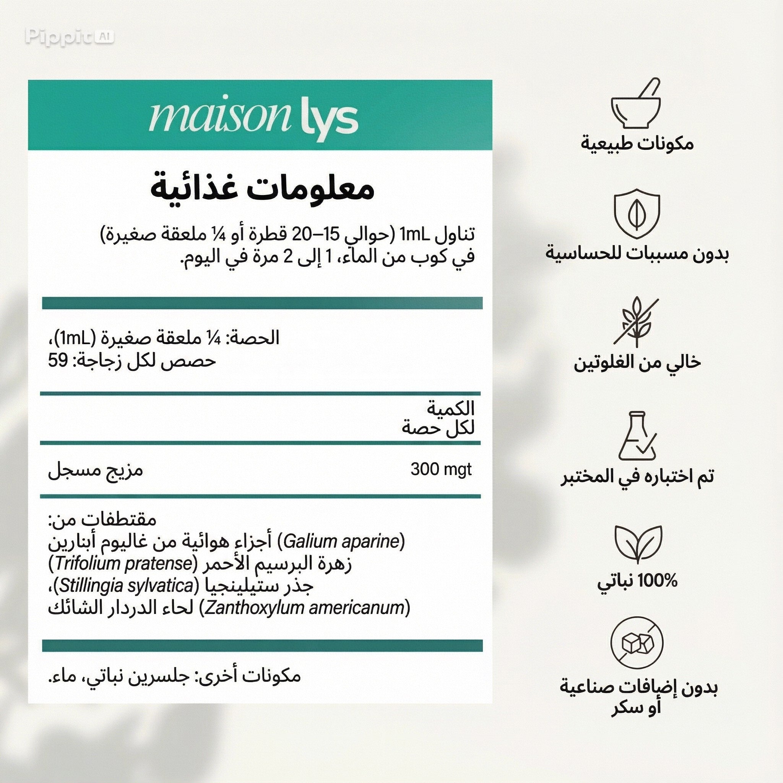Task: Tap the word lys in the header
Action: click(x=330, y=119)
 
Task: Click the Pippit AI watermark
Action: click(x=69, y=37)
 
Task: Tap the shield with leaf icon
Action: click(x=637, y=215)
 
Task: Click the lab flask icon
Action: click(x=637, y=437)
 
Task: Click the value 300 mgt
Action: click(x=441, y=470)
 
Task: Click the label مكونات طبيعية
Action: click(x=637, y=144)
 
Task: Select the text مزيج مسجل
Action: click(x=96, y=471)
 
